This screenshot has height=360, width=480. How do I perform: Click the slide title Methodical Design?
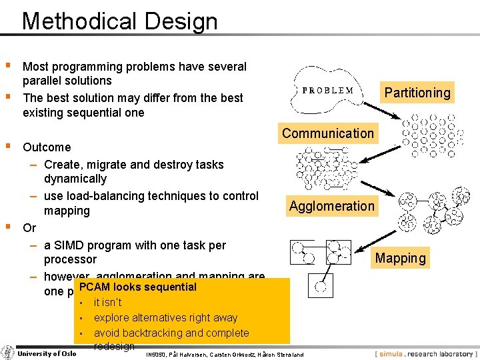point(120,21)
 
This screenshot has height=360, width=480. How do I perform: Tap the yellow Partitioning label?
point(417,93)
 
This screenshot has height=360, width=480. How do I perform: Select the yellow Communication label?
point(327,133)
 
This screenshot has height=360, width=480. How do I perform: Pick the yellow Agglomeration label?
point(332,206)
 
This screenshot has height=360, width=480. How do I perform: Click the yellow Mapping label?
point(400,258)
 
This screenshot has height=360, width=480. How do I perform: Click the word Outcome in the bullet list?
point(47,147)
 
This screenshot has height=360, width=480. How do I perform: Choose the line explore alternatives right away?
point(165,318)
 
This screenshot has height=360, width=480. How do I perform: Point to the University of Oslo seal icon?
point(8,353)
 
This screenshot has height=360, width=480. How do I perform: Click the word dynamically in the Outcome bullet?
point(75,179)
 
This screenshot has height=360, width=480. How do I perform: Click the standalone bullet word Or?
point(29,228)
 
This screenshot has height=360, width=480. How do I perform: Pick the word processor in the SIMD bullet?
point(70,259)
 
